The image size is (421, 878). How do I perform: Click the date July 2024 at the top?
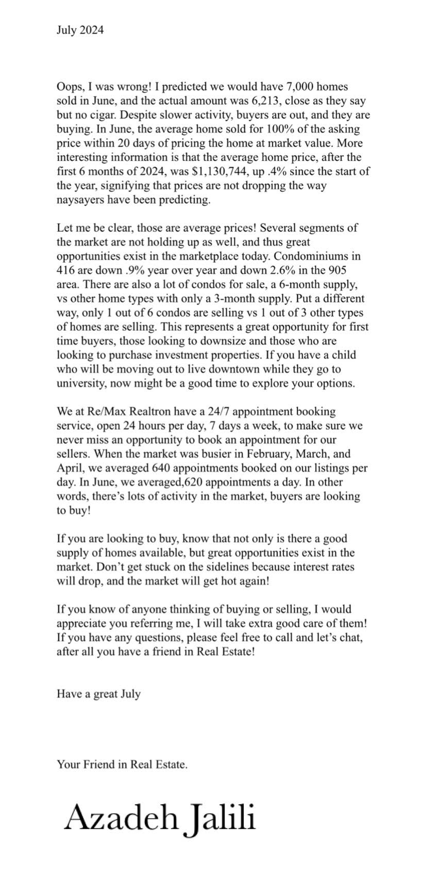80,30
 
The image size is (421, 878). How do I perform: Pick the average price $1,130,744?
215,171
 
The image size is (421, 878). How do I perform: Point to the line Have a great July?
98,694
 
